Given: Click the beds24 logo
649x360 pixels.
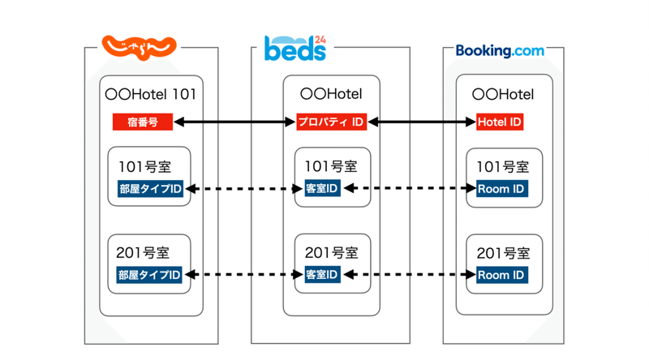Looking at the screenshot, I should pos(295,49).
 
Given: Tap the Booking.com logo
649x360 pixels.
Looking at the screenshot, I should pos(500,50).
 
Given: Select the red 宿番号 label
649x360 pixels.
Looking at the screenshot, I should pos(143,122).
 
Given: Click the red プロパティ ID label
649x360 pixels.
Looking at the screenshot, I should pos(331,122).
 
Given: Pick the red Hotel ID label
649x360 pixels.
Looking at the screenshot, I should pos(499,122).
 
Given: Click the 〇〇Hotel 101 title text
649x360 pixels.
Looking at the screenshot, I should pos(151,95).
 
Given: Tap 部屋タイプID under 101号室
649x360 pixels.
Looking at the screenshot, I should pos(149,190).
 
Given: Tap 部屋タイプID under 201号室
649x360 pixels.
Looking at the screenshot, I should pos(149,275).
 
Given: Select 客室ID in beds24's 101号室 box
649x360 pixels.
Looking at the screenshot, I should pos(321,190).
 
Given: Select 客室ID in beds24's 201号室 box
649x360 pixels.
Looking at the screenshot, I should pos(321,275).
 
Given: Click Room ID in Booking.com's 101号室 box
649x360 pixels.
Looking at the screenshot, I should pos(501,190).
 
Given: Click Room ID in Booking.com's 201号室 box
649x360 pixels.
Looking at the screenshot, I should pos(501,275).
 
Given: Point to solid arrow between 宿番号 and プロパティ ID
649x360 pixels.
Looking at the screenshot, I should pos(234,122).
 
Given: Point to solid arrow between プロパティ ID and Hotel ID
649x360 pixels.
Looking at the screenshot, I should pos(420,122).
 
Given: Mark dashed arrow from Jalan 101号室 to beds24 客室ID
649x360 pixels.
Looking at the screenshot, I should pos(244,190).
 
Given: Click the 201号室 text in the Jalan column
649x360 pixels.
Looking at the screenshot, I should pos(144,252).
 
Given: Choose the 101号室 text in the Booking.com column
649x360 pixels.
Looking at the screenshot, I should pos(503,167).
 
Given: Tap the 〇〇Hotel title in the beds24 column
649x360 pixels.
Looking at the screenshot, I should pos(330,95).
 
